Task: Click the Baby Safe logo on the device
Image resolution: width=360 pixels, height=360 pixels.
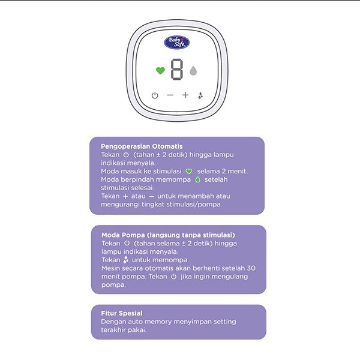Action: tap(177, 43)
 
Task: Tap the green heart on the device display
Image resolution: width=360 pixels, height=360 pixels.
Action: tap(160, 70)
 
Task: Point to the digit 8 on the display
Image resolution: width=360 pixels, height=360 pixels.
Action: tap(177, 70)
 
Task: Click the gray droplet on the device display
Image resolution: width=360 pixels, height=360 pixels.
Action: tap(193, 70)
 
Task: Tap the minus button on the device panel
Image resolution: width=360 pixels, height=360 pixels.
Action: tap(170, 95)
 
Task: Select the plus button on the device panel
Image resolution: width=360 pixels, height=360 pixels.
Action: tap(185, 95)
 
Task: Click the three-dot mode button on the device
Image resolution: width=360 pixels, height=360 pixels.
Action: tap(200, 95)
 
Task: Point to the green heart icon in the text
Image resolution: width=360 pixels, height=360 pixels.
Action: tap(188, 171)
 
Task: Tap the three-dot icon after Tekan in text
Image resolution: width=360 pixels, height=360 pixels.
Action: tap(125, 260)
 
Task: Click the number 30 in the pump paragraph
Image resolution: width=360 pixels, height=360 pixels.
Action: tap(251, 268)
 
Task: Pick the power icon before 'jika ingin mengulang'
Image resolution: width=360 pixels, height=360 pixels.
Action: tap(174, 277)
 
